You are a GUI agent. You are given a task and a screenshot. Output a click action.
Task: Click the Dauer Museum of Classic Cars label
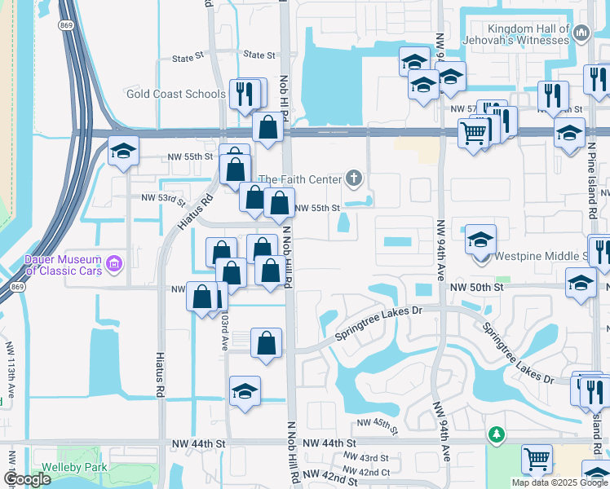61,265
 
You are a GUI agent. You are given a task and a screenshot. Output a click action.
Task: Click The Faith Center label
298,179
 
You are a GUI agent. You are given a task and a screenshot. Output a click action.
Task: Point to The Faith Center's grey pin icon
353,177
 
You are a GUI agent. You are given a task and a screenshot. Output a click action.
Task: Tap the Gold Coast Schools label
175,94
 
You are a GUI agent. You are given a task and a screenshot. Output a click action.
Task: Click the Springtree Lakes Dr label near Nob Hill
380,323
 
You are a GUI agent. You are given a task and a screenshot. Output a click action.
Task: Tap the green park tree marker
496,436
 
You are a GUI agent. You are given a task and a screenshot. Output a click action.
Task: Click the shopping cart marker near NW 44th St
537,459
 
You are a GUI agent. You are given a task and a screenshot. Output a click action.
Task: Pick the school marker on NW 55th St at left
123,152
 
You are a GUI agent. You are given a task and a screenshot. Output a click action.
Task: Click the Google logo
27,479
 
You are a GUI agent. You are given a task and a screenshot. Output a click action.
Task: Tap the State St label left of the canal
188,58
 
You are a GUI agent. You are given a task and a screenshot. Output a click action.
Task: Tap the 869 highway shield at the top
65,25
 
